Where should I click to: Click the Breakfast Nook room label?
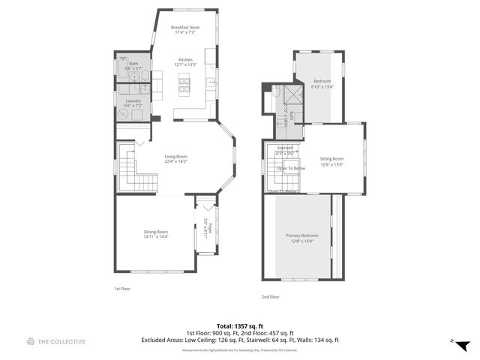pos(185,27)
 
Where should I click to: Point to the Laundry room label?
pos(133,100)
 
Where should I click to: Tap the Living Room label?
pos(175,156)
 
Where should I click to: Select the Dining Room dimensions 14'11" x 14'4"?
pos(156,236)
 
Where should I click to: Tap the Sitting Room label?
pos(331,158)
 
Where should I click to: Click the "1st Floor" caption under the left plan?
pos(122,288)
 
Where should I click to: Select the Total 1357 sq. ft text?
pos(239,325)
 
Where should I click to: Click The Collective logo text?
pos(62,341)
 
